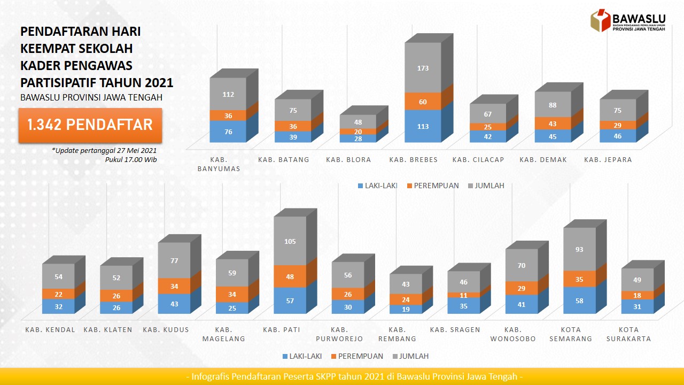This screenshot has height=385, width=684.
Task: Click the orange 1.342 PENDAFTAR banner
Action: point(90,125)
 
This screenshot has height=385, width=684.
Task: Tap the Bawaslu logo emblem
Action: point(600,20)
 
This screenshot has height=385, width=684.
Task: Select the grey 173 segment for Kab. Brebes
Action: point(423,68)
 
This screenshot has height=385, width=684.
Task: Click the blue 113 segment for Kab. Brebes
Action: point(423,126)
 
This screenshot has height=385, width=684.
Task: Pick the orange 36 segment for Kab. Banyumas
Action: point(228,115)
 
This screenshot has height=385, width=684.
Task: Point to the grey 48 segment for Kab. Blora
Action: point(358,122)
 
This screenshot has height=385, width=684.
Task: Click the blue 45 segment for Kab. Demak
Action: point(553,136)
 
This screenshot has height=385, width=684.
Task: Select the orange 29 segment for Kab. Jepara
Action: point(618,125)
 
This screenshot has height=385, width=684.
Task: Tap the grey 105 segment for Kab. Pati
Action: point(290,241)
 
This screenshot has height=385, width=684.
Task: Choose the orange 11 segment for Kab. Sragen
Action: point(463,295)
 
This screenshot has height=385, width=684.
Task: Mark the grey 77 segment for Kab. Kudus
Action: point(174,260)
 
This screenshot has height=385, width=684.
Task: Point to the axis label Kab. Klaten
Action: point(108,329)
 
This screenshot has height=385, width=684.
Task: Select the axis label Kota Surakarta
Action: point(639,334)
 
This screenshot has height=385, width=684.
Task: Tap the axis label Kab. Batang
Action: point(284,159)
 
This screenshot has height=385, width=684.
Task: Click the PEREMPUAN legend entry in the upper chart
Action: point(433,186)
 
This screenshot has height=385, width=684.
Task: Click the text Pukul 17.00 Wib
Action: point(131,159)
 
